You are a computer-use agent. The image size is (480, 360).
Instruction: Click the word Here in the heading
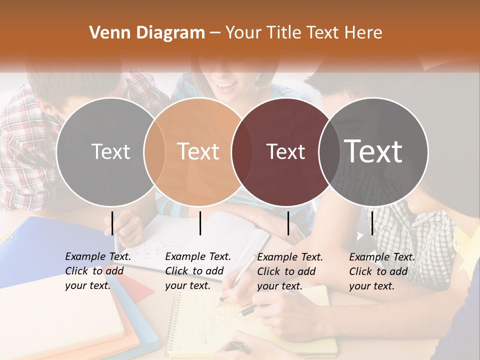pyautogui.click(x=364, y=33)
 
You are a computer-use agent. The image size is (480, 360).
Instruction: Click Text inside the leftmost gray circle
pyautogui.click(x=110, y=151)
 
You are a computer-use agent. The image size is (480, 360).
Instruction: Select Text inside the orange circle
pyautogui.click(x=198, y=151)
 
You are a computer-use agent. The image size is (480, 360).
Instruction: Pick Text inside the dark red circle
pyautogui.click(x=286, y=151)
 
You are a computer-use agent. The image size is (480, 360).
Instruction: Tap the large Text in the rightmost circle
pyautogui.click(x=373, y=151)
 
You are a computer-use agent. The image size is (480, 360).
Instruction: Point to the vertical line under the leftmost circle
pyautogui.click(x=112, y=223)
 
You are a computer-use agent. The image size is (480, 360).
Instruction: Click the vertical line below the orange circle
pyautogui.click(x=200, y=223)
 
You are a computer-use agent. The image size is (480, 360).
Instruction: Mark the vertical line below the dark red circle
pyautogui.click(x=288, y=223)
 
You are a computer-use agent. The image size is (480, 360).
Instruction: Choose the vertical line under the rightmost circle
pyautogui.click(x=372, y=223)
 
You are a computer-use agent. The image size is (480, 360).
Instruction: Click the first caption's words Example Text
pyautogui.click(x=98, y=256)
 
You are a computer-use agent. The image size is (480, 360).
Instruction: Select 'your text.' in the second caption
pyautogui.click(x=187, y=285)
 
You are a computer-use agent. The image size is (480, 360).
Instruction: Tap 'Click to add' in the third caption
pyautogui.click(x=286, y=271)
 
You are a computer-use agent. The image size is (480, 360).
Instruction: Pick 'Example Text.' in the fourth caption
pyautogui.click(x=382, y=257)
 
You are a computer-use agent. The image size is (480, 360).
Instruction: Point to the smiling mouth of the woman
pyautogui.click(x=228, y=86)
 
